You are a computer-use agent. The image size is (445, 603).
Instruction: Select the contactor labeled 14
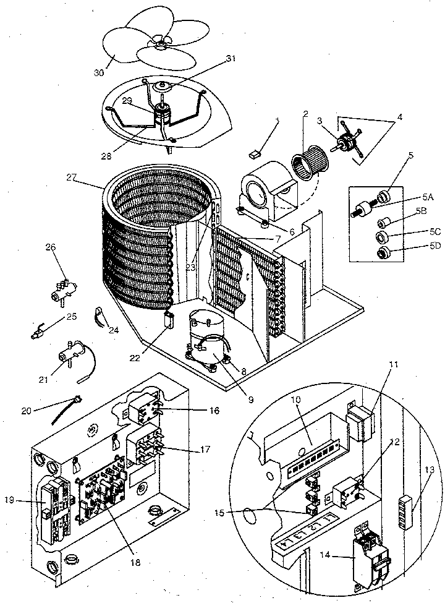click(x=367, y=554)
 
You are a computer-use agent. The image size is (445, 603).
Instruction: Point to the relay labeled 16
click(x=143, y=406)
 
